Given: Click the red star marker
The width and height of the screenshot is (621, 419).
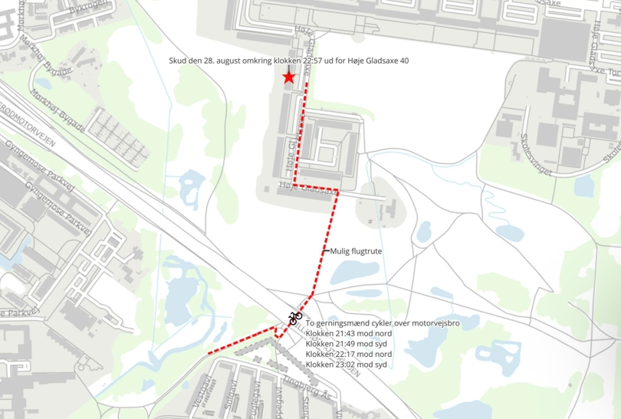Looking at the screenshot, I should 288,77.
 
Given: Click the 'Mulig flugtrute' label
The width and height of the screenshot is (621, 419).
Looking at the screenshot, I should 356,250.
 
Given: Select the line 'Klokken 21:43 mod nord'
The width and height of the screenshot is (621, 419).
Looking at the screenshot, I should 348,334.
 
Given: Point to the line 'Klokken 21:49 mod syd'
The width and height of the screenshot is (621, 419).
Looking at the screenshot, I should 347,344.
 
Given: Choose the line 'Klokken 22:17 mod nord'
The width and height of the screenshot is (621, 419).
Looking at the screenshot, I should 348,354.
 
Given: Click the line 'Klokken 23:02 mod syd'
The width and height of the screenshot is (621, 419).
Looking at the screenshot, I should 347,364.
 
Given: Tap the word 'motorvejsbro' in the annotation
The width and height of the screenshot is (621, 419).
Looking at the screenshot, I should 435,324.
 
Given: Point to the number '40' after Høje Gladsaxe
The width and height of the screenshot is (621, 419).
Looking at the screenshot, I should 393,61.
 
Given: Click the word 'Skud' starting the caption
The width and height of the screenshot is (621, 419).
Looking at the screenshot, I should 177,61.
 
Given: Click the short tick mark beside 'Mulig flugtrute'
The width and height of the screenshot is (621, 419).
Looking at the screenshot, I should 326,250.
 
